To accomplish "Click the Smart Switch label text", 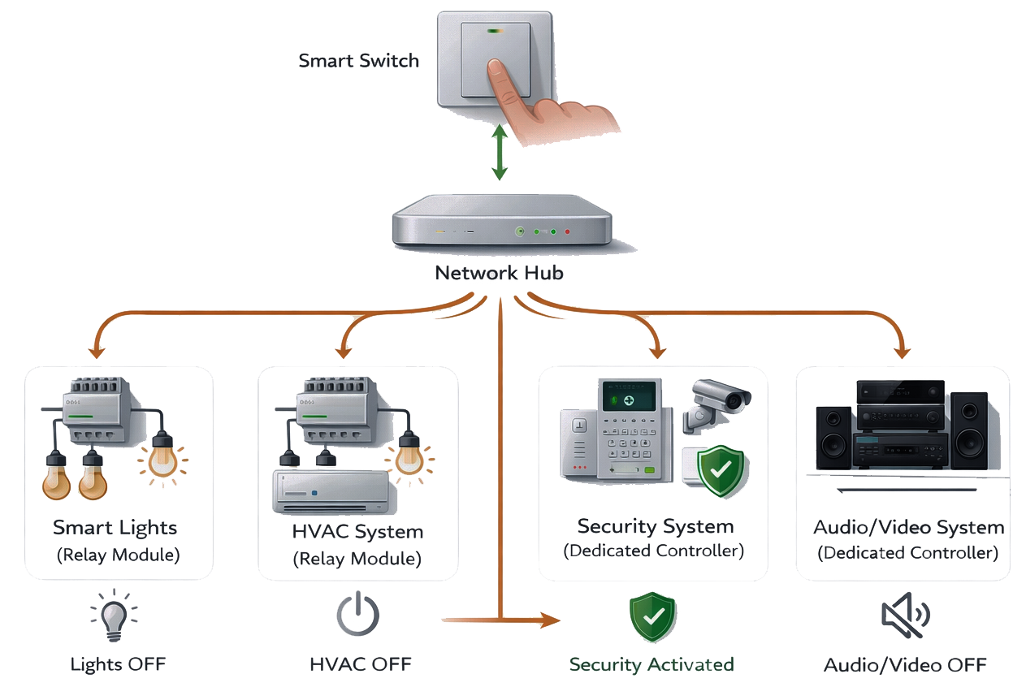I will click(x=359, y=61).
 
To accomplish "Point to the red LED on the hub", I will click(x=567, y=233).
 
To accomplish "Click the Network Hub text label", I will click(x=499, y=273).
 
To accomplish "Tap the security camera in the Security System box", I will click(x=721, y=400).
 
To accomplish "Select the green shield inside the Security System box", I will click(x=723, y=469).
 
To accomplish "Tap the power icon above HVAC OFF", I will click(x=358, y=616).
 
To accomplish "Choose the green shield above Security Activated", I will click(x=652, y=617).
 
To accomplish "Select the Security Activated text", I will click(x=652, y=664).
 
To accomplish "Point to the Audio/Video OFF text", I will click(x=905, y=665).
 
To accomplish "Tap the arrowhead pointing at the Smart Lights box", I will click(x=97, y=351).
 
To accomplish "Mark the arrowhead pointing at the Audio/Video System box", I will click(x=900, y=351).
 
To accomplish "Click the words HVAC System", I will click(x=357, y=533).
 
